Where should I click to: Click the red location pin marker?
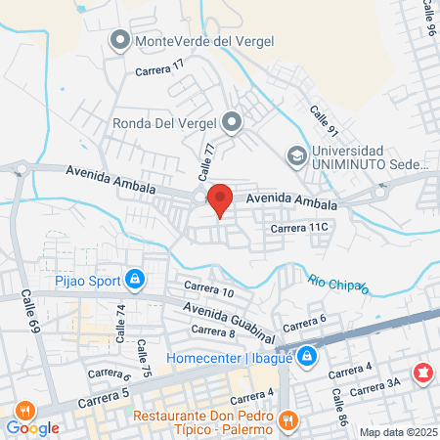(x=220, y=199)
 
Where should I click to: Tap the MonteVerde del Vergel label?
(x=204, y=40)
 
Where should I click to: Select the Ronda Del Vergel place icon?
(x=232, y=122)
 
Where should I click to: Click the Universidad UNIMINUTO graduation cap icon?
(x=294, y=155)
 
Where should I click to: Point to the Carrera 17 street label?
(x=159, y=68)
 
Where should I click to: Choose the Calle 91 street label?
(x=325, y=121)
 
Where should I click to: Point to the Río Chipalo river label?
(x=338, y=284)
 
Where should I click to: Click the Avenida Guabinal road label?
(x=221, y=313)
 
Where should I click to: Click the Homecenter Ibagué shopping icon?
(x=307, y=356)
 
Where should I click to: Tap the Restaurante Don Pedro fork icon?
(x=286, y=421)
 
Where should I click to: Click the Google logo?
(x=33, y=427)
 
